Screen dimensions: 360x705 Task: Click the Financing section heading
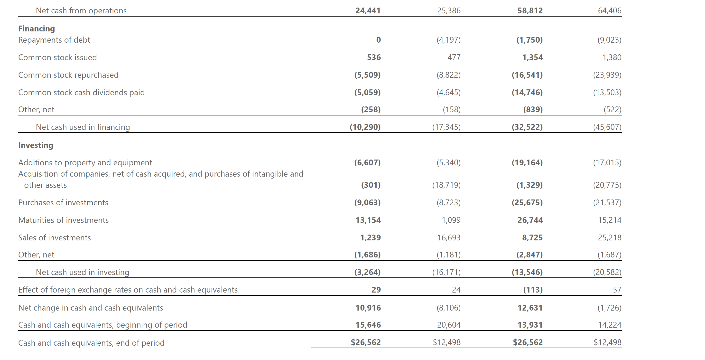point(37,29)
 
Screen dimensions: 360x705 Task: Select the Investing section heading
point(36,145)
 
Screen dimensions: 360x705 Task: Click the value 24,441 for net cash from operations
point(368,11)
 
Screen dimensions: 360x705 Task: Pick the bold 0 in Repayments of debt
point(378,40)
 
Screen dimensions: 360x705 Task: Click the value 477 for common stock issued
point(454,57)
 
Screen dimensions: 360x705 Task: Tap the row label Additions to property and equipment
point(85,163)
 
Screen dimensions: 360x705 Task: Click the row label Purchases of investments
point(63,203)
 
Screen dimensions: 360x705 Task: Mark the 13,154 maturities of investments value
point(368,220)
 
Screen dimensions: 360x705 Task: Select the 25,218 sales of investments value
point(610,238)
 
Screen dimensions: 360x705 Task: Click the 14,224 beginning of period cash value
point(610,325)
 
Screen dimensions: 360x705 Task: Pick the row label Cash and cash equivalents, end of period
point(91,343)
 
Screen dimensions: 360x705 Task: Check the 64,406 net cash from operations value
point(610,11)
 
